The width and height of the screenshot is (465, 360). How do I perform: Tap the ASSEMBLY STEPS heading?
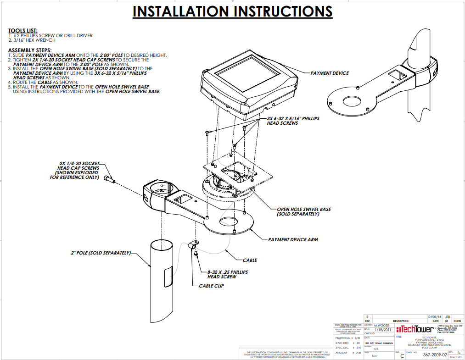point(30,50)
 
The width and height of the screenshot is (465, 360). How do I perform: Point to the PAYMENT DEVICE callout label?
point(330,73)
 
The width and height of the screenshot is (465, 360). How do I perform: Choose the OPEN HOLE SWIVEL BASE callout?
point(303,211)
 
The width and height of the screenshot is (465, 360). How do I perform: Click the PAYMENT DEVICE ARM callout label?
point(293,239)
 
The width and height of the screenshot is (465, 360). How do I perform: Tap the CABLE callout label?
point(250,260)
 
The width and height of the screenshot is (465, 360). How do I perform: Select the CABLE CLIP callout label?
point(213,286)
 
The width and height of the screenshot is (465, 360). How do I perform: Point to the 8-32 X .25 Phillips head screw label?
point(227,274)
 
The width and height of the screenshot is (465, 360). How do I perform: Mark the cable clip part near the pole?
point(194,246)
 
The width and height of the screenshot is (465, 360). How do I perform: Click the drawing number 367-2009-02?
point(435,354)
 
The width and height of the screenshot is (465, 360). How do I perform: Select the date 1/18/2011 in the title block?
point(382,329)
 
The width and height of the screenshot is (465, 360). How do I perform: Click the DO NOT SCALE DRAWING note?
point(379,343)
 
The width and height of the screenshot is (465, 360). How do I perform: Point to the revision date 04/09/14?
point(433,316)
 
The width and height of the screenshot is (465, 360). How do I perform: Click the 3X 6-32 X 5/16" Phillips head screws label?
point(293,121)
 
